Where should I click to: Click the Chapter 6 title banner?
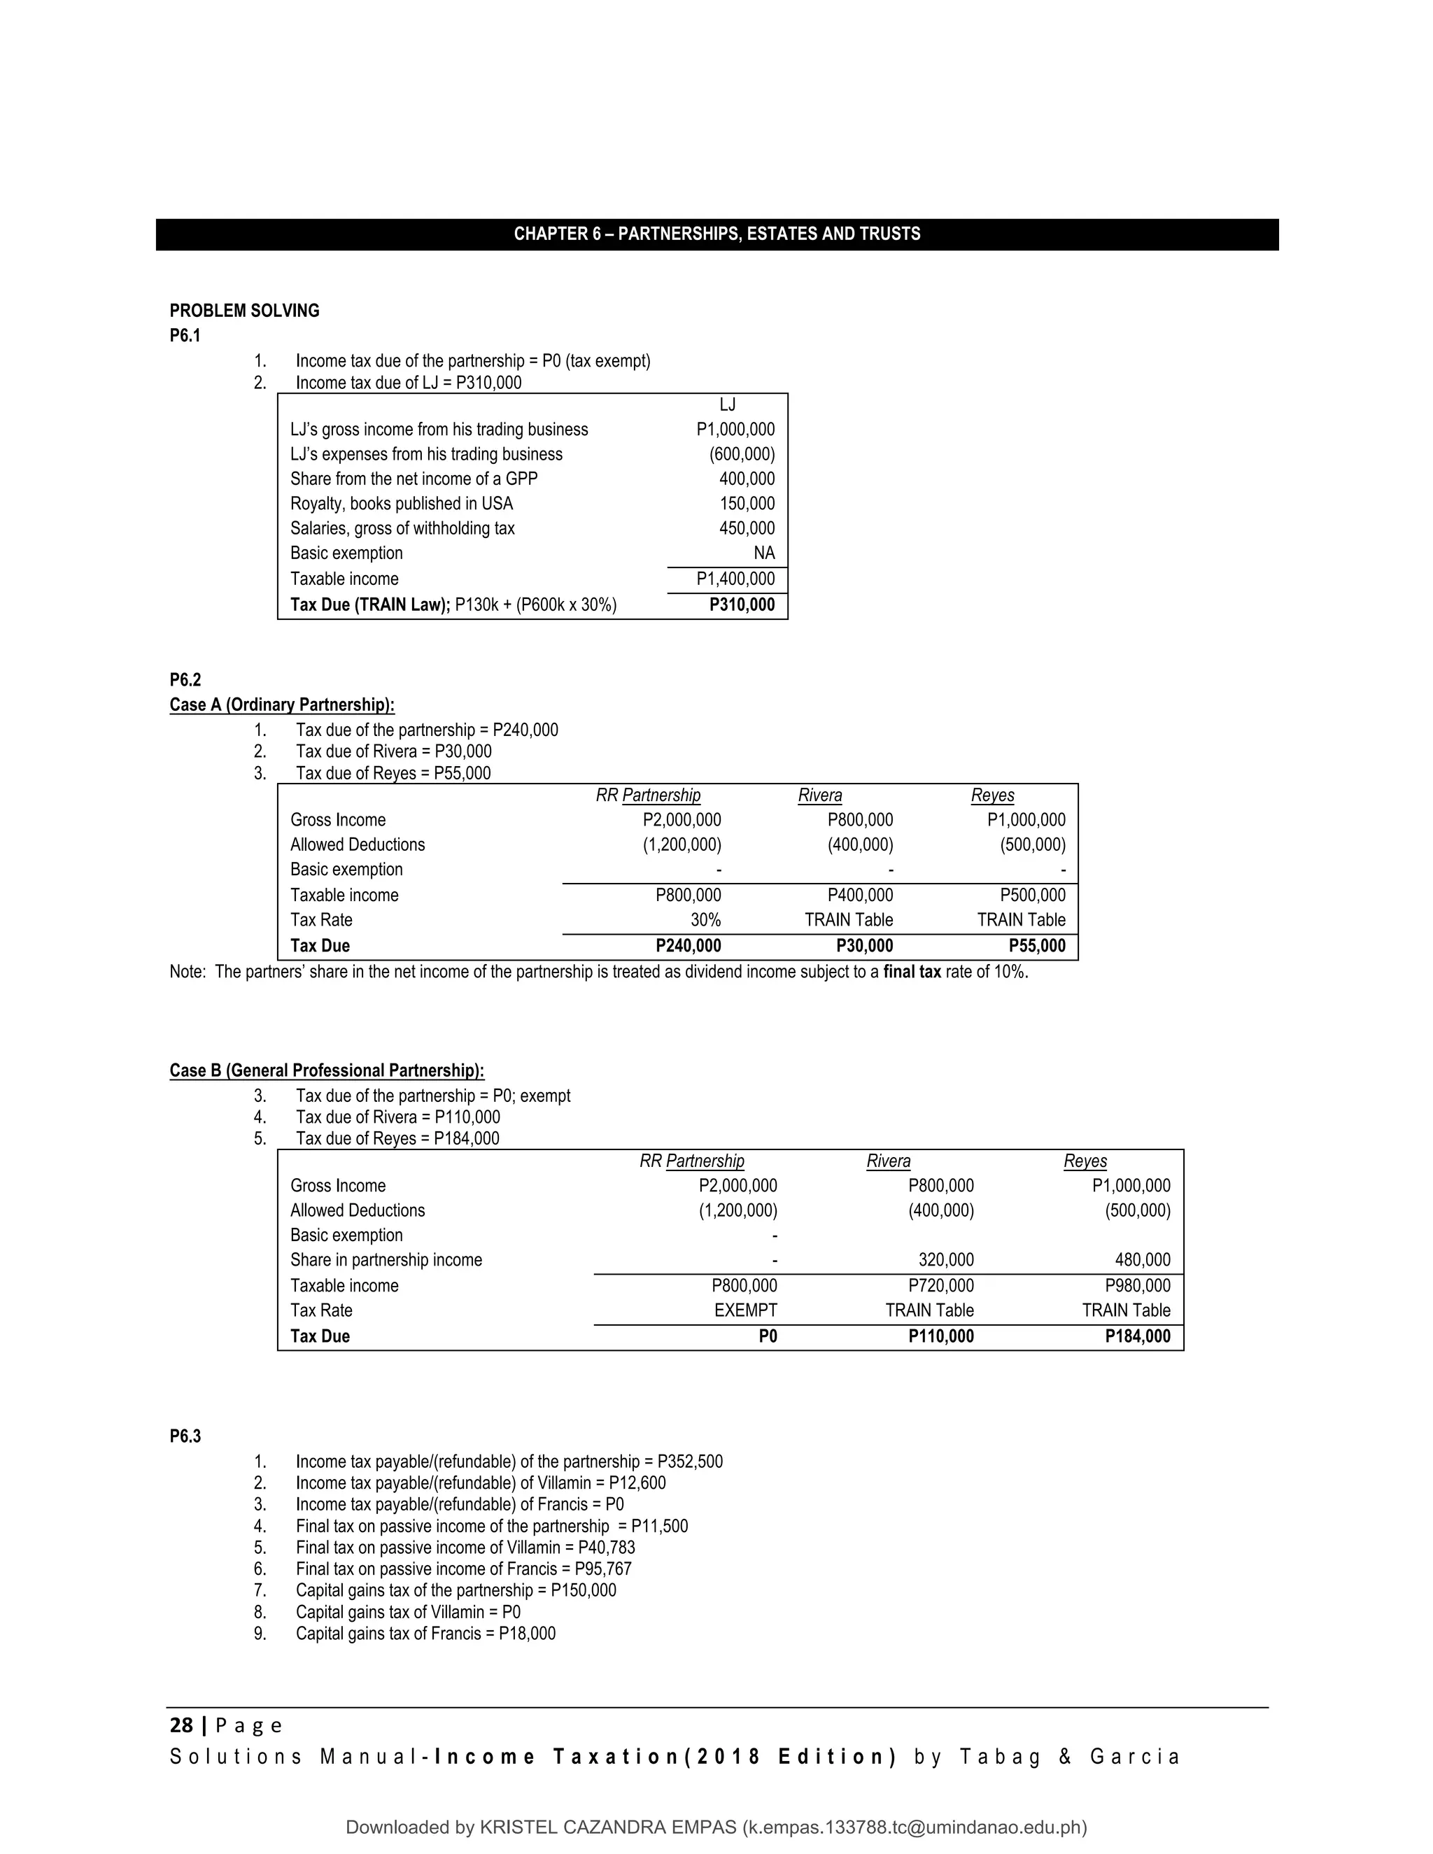(x=716, y=234)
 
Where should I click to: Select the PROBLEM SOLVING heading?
(x=244, y=311)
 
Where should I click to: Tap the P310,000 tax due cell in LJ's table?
(x=741, y=605)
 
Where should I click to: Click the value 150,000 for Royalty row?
(x=747, y=504)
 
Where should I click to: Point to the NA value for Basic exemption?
(x=763, y=553)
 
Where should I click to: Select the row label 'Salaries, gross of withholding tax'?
(x=402, y=528)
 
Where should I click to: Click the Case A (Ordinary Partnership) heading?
(x=282, y=705)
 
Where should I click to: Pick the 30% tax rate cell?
(x=705, y=920)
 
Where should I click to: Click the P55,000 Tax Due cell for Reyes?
(x=1036, y=946)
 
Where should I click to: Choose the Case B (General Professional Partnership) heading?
(x=327, y=1070)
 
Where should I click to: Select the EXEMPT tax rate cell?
(x=745, y=1310)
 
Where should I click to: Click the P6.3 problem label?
(x=185, y=1436)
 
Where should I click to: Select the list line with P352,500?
(x=509, y=1462)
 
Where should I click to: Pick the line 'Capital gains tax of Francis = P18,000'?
(x=425, y=1634)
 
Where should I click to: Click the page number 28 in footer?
(x=181, y=1726)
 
